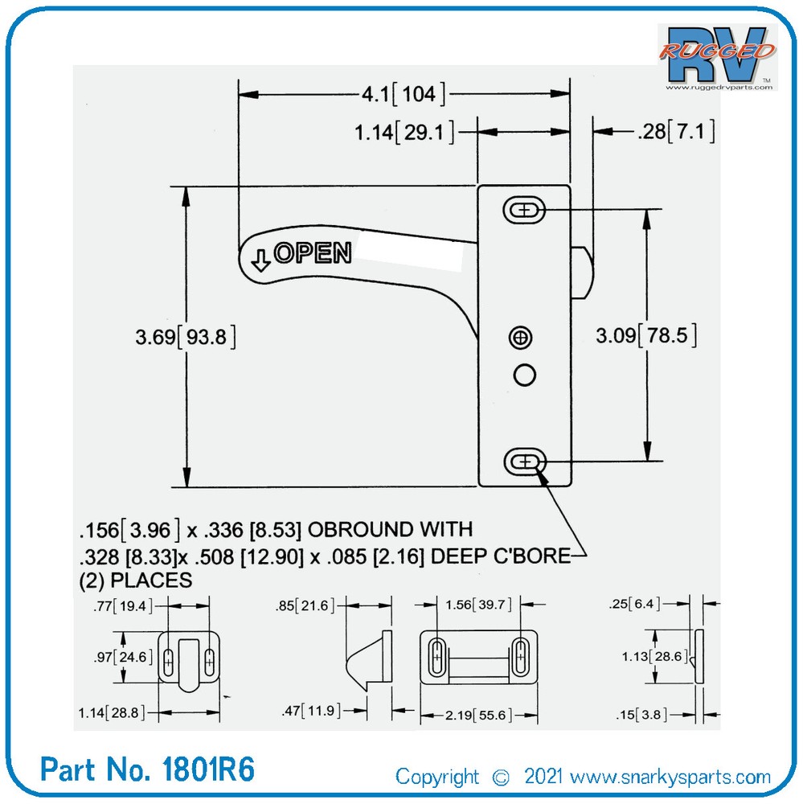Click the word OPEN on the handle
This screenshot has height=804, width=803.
pyautogui.click(x=313, y=252)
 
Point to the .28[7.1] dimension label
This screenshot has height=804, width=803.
pyautogui.click(x=674, y=131)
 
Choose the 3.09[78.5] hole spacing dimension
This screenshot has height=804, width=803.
pyautogui.click(x=645, y=335)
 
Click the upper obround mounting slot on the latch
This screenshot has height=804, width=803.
pyautogui.click(x=524, y=211)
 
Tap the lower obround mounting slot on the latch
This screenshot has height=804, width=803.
pyautogui.click(x=524, y=461)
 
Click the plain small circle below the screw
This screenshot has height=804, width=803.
pyautogui.click(x=523, y=374)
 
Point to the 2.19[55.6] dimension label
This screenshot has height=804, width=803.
pyautogui.click(x=477, y=715)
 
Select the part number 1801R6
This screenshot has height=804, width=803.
pyautogui.click(x=148, y=769)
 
